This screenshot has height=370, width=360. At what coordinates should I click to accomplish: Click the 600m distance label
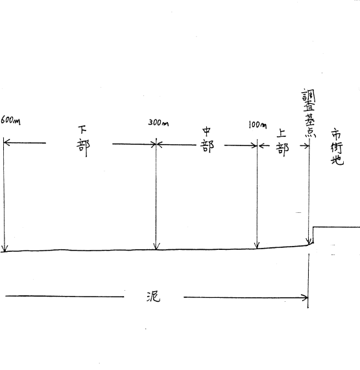[10, 120]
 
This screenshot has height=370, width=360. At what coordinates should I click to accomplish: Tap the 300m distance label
[158, 123]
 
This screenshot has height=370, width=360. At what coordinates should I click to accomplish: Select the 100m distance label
[258, 125]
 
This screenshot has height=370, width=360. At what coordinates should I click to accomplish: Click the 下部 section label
[83, 141]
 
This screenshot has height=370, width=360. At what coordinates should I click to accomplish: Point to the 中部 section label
[207, 140]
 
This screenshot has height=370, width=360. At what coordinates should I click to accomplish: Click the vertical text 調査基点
[309, 113]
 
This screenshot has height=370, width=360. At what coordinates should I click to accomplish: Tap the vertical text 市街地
[337, 147]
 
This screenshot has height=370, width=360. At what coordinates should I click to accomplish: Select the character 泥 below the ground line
[153, 297]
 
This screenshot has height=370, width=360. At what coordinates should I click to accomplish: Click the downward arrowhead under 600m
[5, 249]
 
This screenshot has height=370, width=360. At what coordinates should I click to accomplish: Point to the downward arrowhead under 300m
[156, 247]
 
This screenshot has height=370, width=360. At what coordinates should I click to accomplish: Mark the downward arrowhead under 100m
[258, 245]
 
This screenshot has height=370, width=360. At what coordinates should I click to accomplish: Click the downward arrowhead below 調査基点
[308, 241]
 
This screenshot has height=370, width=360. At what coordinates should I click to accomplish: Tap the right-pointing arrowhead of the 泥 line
[305, 298]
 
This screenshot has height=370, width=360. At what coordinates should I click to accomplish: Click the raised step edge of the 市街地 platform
[313, 235]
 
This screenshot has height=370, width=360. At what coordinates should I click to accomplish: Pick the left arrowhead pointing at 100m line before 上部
[261, 146]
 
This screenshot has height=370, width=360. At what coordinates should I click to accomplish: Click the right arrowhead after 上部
[306, 146]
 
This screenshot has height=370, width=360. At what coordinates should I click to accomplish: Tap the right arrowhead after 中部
[254, 145]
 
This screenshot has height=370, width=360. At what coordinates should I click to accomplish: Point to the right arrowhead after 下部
[153, 144]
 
